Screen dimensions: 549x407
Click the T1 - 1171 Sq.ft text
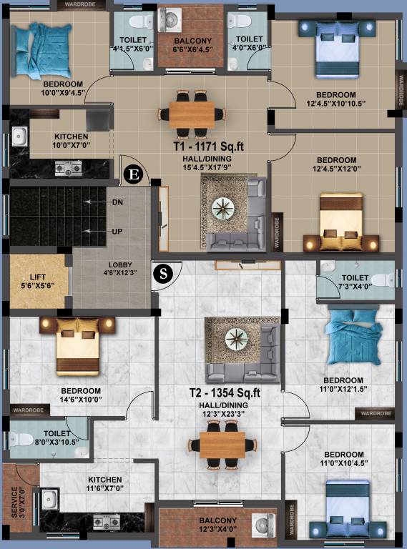click(208, 147)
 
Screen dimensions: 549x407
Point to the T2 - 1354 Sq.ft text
click(224, 392)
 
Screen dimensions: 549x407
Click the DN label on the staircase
click(117, 202)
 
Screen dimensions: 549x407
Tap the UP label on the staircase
click(117, 232)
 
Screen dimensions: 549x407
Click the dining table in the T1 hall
click(191, 112)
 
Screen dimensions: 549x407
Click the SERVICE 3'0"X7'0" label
click(17, 504)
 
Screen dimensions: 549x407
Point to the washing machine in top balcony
click(171, 20)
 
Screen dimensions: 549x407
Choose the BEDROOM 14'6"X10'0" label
click(75, 395)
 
